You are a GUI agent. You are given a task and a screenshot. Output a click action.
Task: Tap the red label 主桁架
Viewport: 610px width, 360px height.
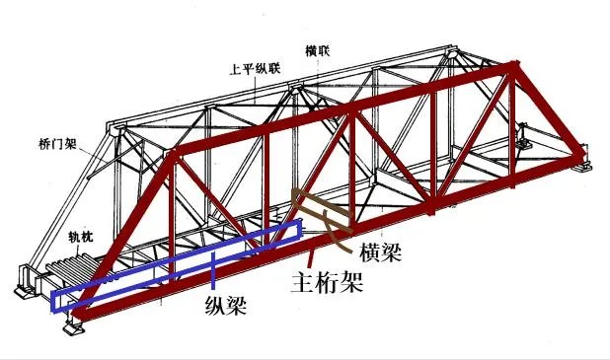pos(326,283)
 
